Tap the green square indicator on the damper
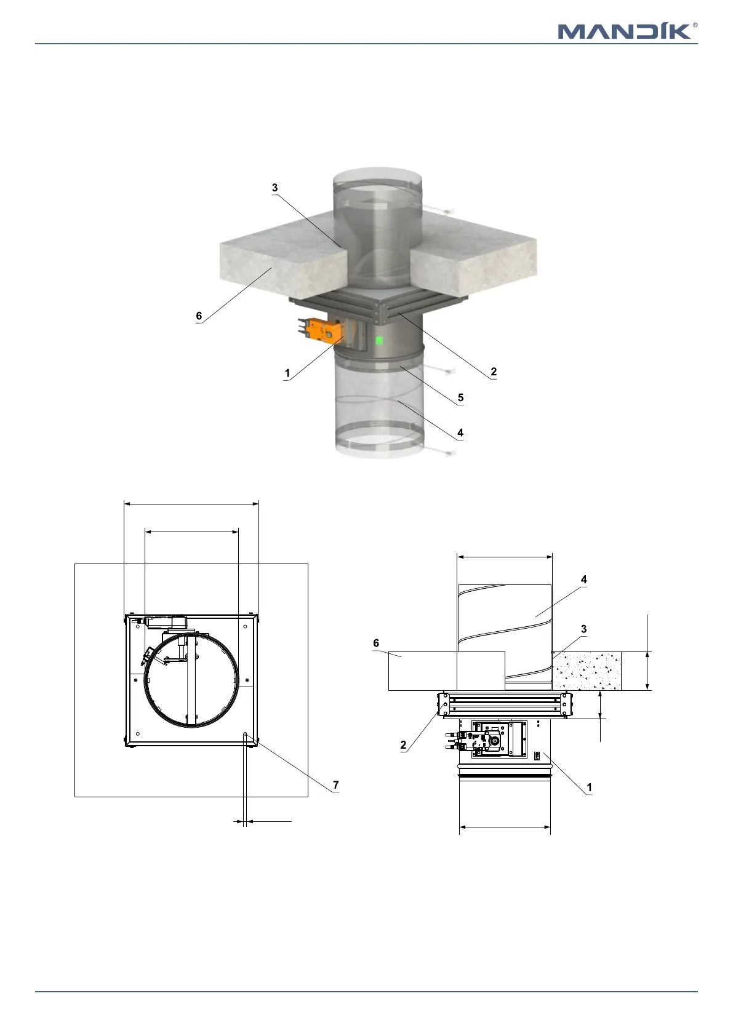(x=379, y=340)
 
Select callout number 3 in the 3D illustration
(x=275, y=187)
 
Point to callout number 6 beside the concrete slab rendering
(x=199, y=316)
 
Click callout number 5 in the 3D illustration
(x=460, y=397)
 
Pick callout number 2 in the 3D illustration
(x=494, y=372)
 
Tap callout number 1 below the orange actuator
(x=287, y=373)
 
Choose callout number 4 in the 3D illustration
(x=460, y=432)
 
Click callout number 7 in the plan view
(x=336, y=785)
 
